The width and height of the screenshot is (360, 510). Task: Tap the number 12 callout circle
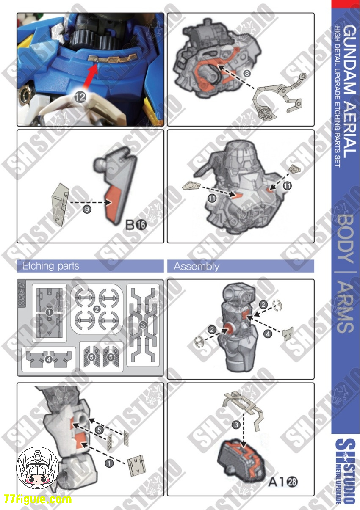coord(80,97)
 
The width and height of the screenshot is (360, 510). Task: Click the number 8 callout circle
coord(247,73)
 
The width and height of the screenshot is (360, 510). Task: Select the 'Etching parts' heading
coord(50,266)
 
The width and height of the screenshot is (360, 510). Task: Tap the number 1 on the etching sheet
coord(50,312)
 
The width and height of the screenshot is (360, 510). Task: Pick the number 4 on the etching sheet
coord(49,360)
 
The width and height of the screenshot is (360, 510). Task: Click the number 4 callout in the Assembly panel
coord(267,334)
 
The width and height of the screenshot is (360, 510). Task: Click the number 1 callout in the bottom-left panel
coord(109,463)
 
